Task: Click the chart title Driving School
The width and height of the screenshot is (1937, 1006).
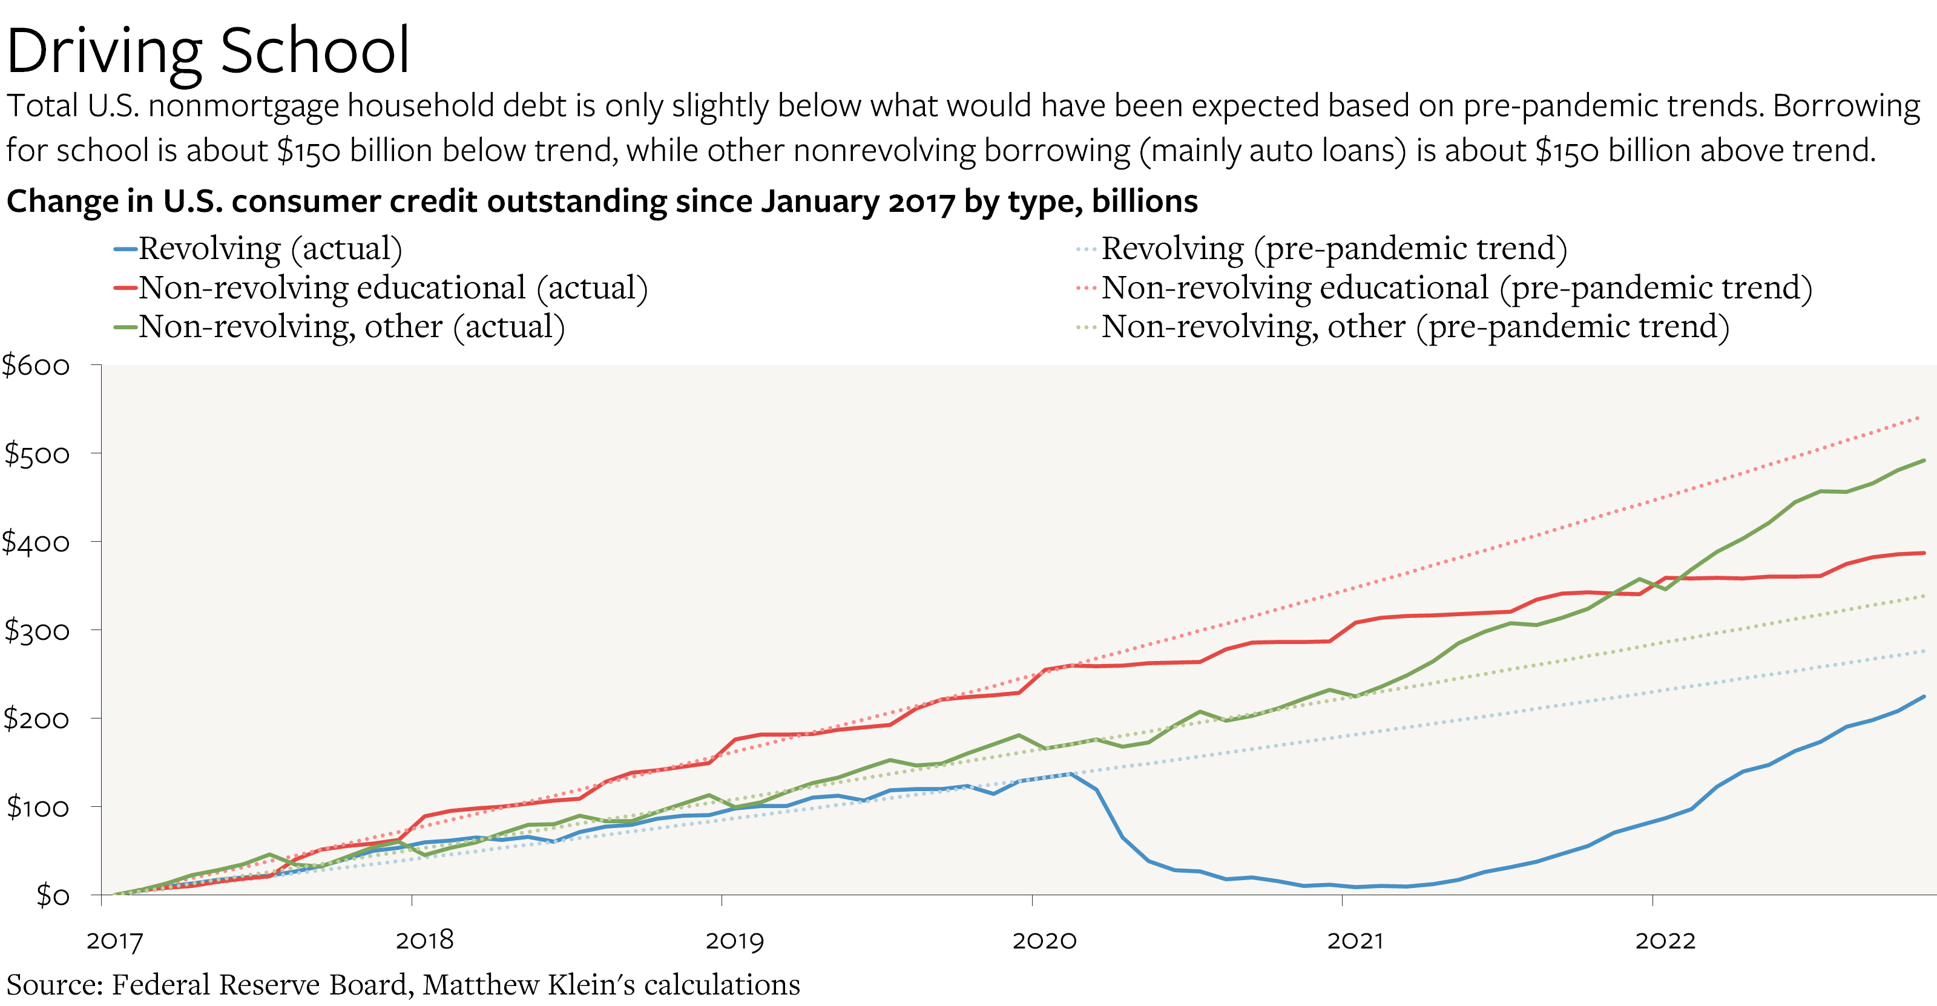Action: click(208, 51)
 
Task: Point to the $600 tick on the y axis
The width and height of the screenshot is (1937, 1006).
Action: click(36, 366)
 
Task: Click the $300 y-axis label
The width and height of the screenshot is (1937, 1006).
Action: click(36, 631)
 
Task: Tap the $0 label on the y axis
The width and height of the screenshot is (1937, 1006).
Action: click(53, 895)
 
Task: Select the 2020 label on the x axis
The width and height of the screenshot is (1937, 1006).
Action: click(1044, 941)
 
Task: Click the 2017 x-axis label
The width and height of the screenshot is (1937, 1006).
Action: click(114, 941)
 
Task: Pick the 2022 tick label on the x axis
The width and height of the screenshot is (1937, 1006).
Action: click(1665, 941)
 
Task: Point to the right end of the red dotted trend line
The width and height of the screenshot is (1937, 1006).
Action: click(1919, 416)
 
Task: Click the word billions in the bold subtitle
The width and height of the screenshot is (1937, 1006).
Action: click(1145, 202)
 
